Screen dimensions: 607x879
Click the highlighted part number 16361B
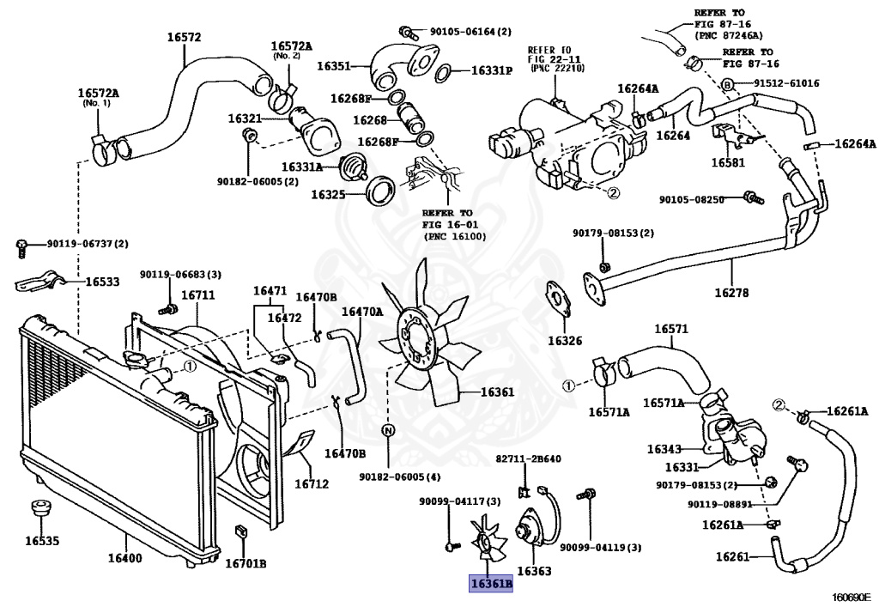click(490, 585)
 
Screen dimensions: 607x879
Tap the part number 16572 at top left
click(183, 37)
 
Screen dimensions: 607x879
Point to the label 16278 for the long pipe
click(731, 293)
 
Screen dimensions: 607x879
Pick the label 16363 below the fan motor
click(534, 571)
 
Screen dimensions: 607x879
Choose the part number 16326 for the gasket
click(565, 341)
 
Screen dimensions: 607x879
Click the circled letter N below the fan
click(388, 430)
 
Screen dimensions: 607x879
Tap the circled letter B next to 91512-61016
click(726, 83)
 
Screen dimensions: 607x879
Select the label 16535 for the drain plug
click(41, 541)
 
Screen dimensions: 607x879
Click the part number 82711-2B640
click(529, 459)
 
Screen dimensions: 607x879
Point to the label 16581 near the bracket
click(727, 161)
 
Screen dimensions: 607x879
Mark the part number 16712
click(312, 483)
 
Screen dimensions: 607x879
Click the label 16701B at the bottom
click(246, 564)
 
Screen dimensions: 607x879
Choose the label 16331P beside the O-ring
click(491, 70)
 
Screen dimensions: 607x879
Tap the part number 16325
click(328, 195)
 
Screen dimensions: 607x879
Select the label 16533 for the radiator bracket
click(104, 281)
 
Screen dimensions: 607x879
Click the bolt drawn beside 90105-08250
click(750, 198)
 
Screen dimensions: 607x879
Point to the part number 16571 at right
click(671, 329)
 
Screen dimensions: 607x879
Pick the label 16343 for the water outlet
click(664, 449)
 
